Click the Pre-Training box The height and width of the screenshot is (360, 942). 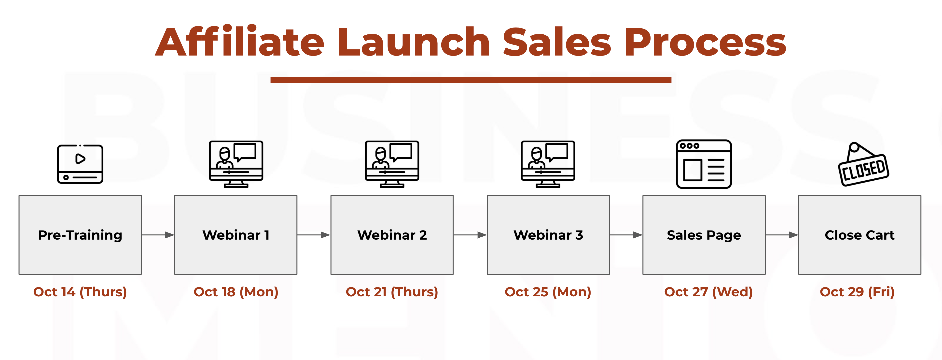[x=80, y=235]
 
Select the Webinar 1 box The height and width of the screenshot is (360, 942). [x=236, y=235]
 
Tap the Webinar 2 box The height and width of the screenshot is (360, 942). [x=392, y=235]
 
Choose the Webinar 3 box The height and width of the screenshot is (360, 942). [x=548, y=235]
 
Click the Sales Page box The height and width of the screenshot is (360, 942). [x=704, y=235]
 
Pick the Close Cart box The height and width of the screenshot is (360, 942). [x=860, y=235]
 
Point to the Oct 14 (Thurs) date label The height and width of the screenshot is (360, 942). [x=80, y=292]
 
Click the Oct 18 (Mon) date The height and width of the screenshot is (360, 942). [x=236, y=292]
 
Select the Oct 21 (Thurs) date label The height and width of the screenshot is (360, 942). [x=392, y=292]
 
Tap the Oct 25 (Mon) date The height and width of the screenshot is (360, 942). [x=548, y=292]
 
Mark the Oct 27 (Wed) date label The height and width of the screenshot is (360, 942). [x=708, y=292]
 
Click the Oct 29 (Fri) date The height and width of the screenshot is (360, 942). [x=857, y=292]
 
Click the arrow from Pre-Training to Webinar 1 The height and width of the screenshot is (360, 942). [x=158, y=235]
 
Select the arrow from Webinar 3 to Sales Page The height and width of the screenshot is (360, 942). [x=626, y=235]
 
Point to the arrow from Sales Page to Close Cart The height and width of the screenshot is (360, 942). [x=782, y=235]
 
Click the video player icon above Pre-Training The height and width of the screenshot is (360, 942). [x=80, y=164]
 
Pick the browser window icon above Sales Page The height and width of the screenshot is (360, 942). [x=704, y=164]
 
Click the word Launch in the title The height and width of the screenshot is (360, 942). [x=414, y=42]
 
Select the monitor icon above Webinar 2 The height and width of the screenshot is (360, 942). [x=392, y=164]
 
